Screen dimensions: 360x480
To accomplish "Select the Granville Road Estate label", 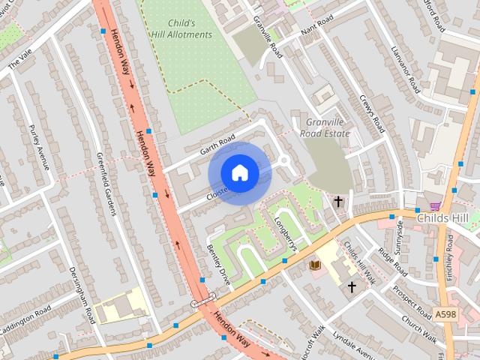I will (325, 127).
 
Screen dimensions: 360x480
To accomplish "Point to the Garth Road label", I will (217, 145).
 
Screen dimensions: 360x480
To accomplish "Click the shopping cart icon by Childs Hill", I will (434, 205).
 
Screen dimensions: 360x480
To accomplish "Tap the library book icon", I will (315, 265).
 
